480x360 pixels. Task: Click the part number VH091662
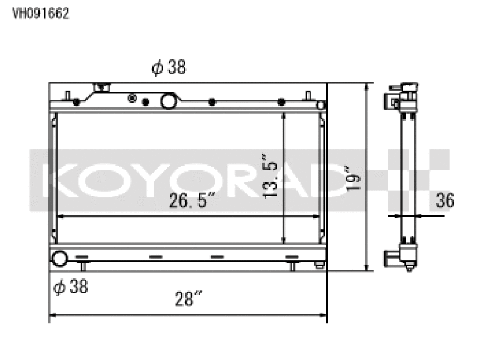pyautogui.click(x=40, y=13)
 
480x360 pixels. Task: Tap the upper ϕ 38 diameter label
pyautogui.click(x=169, y=67)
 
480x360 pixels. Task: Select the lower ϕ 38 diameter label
pyautogui.click(x=71, y=287)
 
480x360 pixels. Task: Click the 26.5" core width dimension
pyautogui.click(x=192, y=200)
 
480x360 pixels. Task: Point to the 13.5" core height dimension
pyautogui.click(x=271, y=176)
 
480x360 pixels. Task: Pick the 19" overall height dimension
pyautogui.click(x=353, y=178)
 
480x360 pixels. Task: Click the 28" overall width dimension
pyautogui.click(x=188, y=299)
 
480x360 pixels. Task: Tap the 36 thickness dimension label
pyautogui.click(x=445, y=200)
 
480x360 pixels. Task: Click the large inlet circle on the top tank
pyautogui.click(x=169, y=101)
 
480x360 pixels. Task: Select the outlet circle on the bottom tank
pyautogui.click(x=59, y=259)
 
